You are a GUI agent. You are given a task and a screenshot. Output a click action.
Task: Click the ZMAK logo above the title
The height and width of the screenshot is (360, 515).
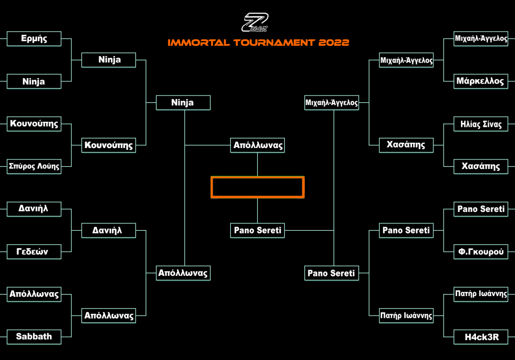[x=255, y=22]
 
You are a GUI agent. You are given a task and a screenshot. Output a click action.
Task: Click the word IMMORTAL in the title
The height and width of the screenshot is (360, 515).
[x=199, y=42]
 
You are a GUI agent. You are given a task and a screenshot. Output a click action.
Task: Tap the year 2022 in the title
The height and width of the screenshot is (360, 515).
[x=333, y=42]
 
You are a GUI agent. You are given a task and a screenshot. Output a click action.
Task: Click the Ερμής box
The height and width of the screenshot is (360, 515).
[x=34, y=39]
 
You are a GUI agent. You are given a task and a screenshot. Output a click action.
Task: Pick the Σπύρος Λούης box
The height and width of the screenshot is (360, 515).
[x=34, y=166]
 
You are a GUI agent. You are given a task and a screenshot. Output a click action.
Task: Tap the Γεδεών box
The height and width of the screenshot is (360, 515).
[x=34, y=252]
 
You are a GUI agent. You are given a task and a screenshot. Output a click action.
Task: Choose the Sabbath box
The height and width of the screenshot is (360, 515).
[x=34, y=337]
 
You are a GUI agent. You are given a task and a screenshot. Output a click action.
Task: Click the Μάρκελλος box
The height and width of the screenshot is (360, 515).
[x=481, y=82]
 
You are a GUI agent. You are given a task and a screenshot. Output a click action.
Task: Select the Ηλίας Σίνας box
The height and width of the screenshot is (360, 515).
[x=481, y=124]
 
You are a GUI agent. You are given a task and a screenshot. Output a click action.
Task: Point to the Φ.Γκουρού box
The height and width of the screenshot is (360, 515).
[x=481, y=252]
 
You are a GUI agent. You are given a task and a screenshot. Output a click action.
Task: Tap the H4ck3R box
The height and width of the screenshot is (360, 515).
[x=481, y=337]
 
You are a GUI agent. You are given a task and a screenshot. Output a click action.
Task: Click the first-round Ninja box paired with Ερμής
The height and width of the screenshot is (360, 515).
[x=34, y=82]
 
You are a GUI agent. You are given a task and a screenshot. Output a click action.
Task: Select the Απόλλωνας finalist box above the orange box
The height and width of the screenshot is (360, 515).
[x=257, y=145]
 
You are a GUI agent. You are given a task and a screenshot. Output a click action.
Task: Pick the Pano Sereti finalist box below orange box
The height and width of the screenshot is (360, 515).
[x=257, y=230]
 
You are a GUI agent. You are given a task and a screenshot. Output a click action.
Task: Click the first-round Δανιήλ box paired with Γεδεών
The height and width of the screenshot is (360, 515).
[x=34, y=209]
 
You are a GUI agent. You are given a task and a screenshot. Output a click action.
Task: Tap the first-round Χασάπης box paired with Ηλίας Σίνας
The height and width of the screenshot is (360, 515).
[x=481, y=166]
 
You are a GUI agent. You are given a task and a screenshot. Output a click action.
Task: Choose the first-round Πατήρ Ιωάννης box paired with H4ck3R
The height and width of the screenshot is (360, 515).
[x=481, y=294]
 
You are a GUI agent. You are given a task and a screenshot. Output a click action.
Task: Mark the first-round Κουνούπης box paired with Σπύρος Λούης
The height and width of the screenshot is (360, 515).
[x=34, y=124]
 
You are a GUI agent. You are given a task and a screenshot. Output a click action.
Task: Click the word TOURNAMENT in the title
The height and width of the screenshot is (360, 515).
[x=274, y=42]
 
